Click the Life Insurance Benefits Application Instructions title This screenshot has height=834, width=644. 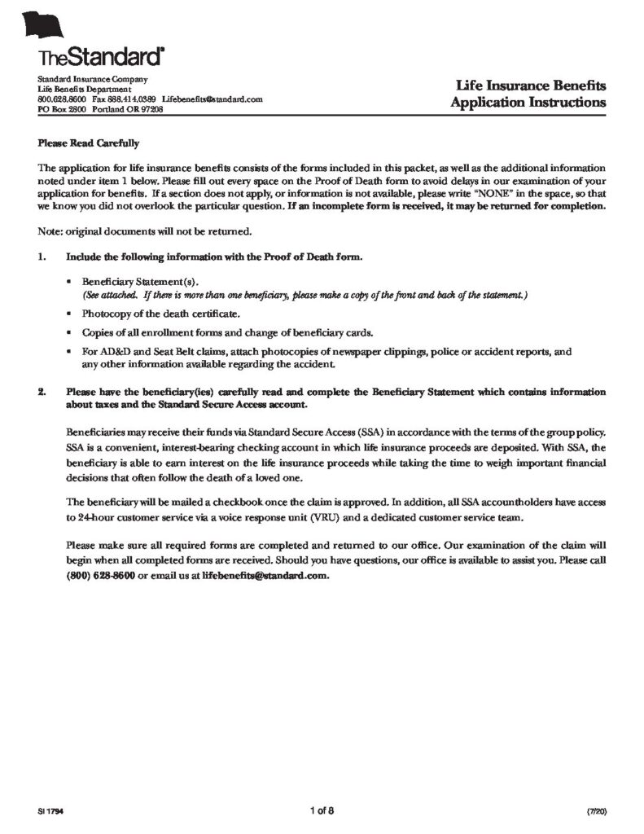(530, 94)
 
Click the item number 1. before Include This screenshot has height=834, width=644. (42, 257)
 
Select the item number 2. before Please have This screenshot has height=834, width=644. (42, 392)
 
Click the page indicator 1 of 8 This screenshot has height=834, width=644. (322, 810)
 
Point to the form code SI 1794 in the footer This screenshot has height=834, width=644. (50, 812)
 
